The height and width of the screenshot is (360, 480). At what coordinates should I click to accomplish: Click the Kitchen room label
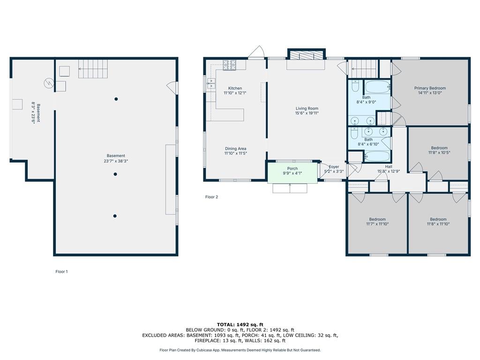pos(235,88)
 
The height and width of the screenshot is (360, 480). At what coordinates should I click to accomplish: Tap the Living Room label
pos(307,108)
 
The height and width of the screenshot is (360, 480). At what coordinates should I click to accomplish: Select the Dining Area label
pos(236,149)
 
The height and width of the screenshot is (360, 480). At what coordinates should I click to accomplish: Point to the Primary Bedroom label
pos(430,88)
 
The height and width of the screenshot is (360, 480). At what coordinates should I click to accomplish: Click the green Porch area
pos(292,173)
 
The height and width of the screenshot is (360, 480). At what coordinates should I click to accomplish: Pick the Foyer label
pos(334,167)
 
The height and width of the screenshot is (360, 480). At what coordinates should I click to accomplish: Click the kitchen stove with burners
pos(230,65)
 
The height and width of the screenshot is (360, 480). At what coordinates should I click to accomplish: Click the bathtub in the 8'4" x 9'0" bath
pos(378,87)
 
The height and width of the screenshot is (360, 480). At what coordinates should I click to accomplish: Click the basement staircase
pos(93,69)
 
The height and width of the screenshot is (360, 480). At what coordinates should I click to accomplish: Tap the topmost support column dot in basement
pos(116,99)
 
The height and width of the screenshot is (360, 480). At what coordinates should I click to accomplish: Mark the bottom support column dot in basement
pos(115,216)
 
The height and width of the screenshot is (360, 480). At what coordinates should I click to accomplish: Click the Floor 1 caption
pos(61,271)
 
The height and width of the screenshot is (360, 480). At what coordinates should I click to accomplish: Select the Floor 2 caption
pos(211,197)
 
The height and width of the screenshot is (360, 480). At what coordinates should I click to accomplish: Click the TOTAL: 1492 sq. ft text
pos(240,324)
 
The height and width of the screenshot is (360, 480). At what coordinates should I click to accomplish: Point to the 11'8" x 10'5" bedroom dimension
pos(439,152)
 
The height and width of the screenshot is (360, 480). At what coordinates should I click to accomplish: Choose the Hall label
pos(389,166)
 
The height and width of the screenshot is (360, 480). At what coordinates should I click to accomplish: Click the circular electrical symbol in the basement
pos(49,83)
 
